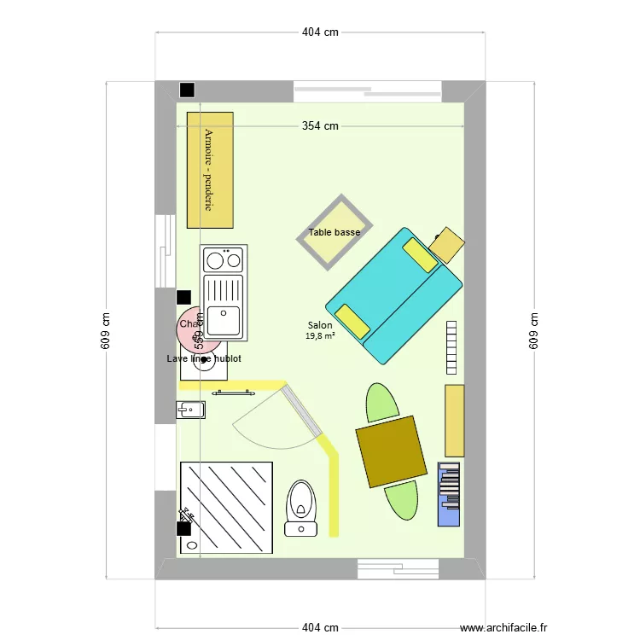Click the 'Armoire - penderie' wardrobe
click(210, 170)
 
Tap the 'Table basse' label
click(335, 232)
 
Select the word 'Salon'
click(320, 325)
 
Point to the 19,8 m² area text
click(320, 336)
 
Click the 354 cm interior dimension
click(320, 126)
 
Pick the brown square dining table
click(391, 451)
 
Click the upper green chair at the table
click(381, 402)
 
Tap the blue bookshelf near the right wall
click(449, 493)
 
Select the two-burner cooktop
click(223, 259)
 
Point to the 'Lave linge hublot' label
click(204, 359)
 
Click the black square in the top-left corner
click(186, 90)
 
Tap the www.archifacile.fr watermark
click(503, 628)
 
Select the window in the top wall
click(367, 89)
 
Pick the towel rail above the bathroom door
click(235, 393)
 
